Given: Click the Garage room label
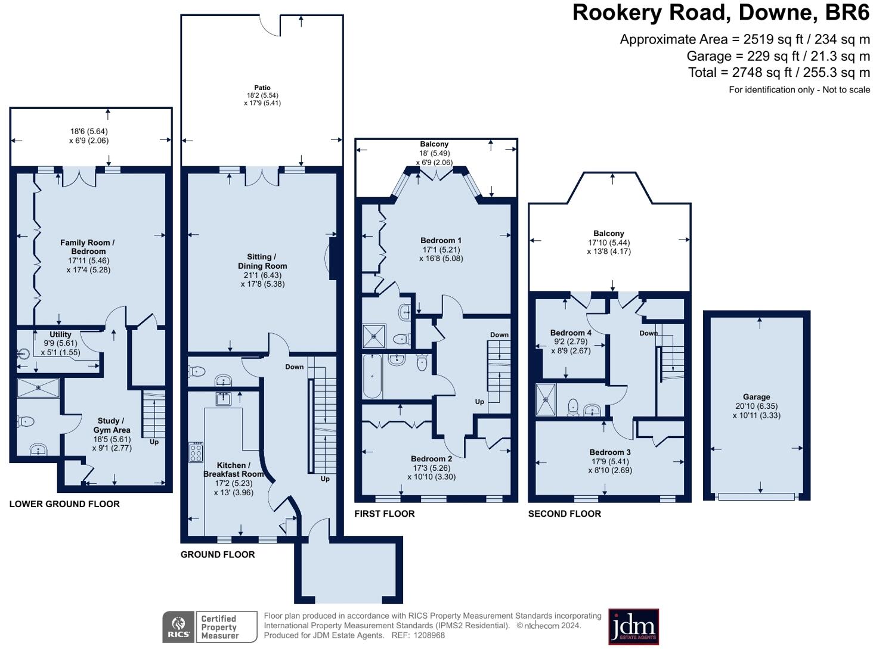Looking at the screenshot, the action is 756,396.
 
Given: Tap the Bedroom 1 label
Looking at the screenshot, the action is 441,240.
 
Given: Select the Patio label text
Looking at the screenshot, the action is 262,88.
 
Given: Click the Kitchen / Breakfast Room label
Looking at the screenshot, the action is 234,469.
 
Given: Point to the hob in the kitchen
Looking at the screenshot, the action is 196,452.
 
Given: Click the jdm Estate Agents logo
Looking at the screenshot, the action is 633,626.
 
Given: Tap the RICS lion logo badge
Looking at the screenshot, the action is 178,626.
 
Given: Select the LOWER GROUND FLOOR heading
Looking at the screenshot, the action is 64,504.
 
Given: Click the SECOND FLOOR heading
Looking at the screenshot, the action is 564,513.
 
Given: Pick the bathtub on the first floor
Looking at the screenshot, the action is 372,376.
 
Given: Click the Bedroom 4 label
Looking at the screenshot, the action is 570,333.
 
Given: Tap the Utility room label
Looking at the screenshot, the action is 60,334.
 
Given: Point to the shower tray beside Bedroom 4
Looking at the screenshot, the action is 546,399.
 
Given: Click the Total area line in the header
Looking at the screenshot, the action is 779,72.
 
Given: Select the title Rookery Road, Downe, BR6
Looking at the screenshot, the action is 721,13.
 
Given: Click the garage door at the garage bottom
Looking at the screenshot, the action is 756,496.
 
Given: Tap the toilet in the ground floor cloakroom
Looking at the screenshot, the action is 197,371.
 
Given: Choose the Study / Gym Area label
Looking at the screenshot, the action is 112,425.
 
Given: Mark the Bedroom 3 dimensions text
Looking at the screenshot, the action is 610,465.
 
